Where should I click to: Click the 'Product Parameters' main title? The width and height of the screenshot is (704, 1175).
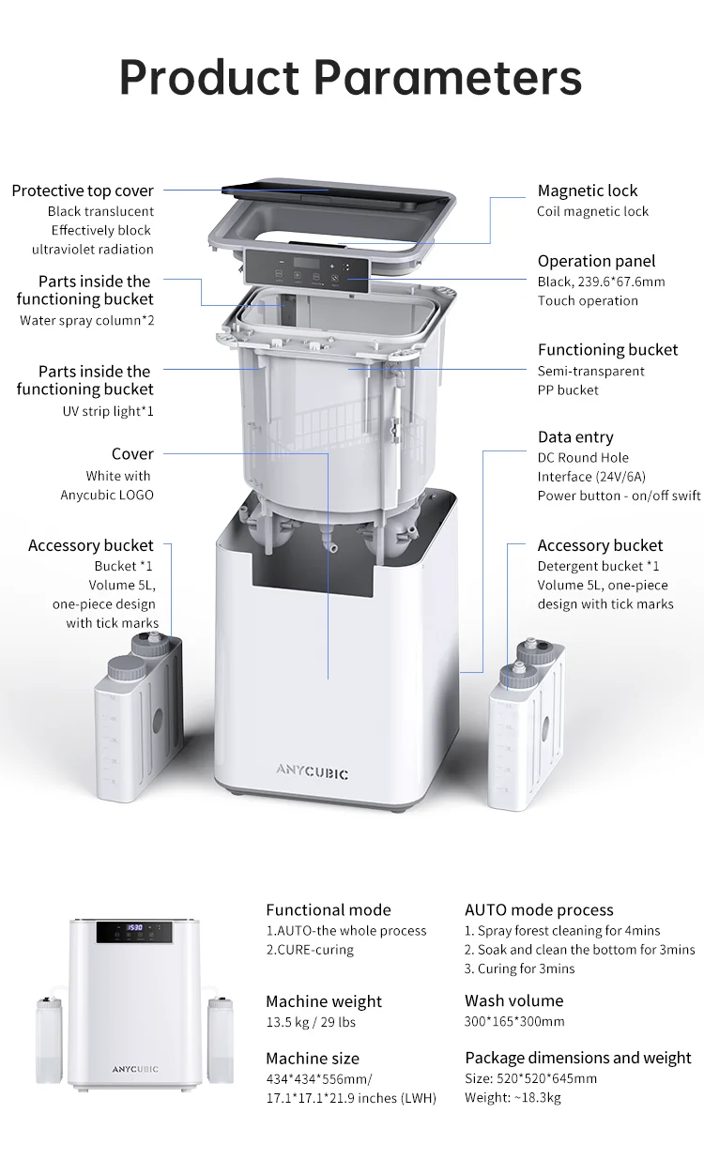[350, 77]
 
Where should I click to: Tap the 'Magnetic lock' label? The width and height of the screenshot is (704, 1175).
[588, 191]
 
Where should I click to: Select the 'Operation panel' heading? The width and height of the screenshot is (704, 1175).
[596, 261]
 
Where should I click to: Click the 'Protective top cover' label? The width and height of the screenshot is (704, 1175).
[83, 191]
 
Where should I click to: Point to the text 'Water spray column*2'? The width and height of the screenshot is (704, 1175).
[87, 321]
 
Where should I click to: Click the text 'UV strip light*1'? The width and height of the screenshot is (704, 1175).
[108, 411]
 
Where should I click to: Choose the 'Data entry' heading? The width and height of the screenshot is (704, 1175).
[575, 437]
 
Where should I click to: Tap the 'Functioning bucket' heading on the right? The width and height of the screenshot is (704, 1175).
[607, 350]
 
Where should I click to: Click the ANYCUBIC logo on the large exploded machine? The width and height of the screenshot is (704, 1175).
[313, 772]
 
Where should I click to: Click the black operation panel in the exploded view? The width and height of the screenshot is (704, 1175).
[307, 270]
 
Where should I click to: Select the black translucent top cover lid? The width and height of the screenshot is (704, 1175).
[336, 194]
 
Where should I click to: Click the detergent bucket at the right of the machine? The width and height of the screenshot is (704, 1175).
[527, 725]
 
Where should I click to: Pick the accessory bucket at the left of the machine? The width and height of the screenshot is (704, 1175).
[139, 718]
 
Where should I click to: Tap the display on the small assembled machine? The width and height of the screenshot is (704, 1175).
[134, 932]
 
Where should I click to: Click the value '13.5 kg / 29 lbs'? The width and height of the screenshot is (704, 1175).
[311, 1022]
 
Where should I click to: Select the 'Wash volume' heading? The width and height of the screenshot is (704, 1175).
[514, 1000]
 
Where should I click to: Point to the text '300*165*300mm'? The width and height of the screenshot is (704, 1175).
[514, 1021]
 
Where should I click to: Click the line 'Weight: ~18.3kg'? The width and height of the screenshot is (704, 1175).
[513, 1097]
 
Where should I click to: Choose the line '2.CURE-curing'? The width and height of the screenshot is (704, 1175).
[310, 950]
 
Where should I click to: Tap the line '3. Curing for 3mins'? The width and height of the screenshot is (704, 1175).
[520, 969]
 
